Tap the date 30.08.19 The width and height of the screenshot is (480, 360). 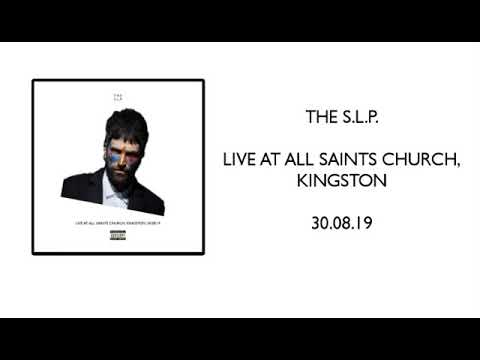[x=341, y=223]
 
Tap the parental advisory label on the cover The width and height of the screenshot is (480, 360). [x=118, y=235]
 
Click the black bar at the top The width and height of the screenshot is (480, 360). [x=240, y=20]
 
